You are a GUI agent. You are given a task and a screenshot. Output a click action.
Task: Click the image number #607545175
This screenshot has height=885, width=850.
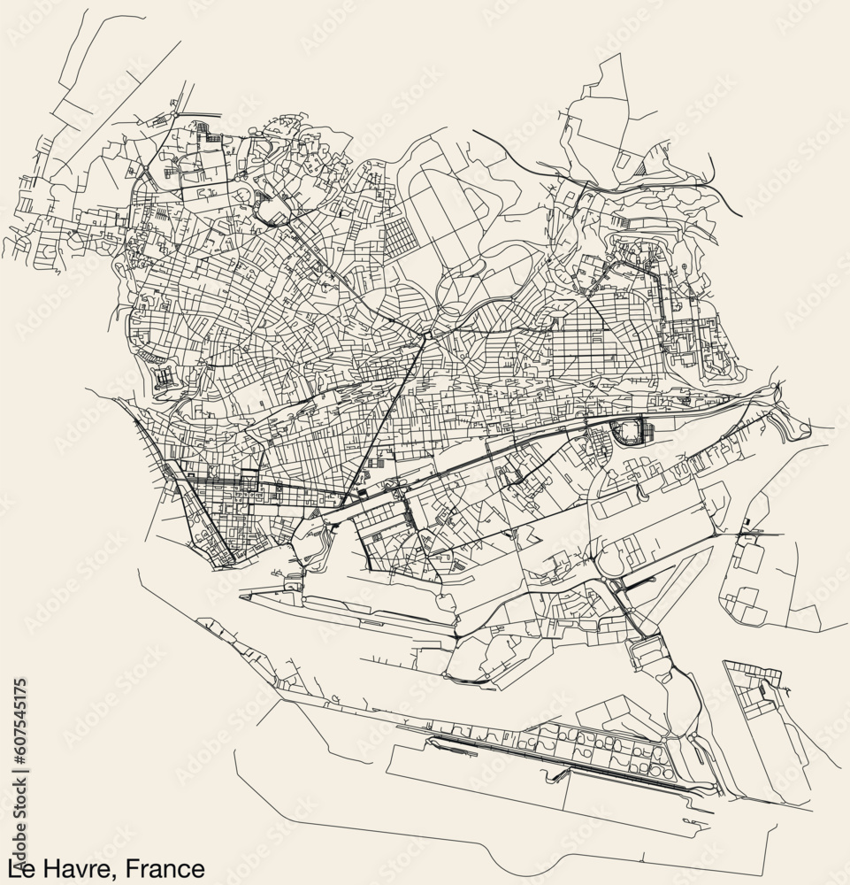[x=20, y=720]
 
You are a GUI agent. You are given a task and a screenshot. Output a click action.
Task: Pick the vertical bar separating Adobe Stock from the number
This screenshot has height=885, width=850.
[x=20, y=773]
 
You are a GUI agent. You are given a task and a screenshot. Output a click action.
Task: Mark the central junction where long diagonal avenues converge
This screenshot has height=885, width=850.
[x=425, y=335]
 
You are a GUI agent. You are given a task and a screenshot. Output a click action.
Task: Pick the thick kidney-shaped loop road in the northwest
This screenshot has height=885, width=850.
[x=271, y=211]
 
